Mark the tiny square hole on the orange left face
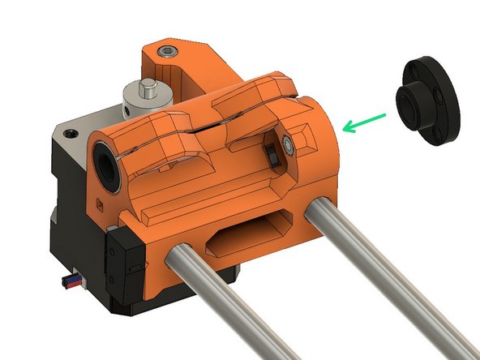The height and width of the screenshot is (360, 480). pyautogui.click(x=99, y=200)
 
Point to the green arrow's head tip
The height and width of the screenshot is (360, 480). pyautogui.click(x=344, y=127)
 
